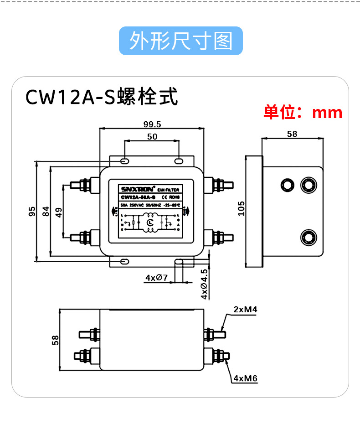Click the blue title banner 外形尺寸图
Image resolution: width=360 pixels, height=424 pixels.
[x=180, y=41]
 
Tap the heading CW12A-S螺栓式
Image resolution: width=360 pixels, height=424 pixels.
[x=101, y=97]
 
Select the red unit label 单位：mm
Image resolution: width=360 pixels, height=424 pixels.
[x=303, y=112]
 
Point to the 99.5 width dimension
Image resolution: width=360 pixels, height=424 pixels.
[x=152, y=124]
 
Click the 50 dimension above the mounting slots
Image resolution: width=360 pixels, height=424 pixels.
[x=152, y=136]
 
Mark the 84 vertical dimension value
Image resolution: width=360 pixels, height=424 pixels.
[x=46, y=212]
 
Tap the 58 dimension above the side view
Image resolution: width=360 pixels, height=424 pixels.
[x=292, y=134]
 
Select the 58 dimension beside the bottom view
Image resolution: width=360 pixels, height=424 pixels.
[x=55, y=340]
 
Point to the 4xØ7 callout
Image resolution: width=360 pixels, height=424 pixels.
[x=157, y=278]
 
